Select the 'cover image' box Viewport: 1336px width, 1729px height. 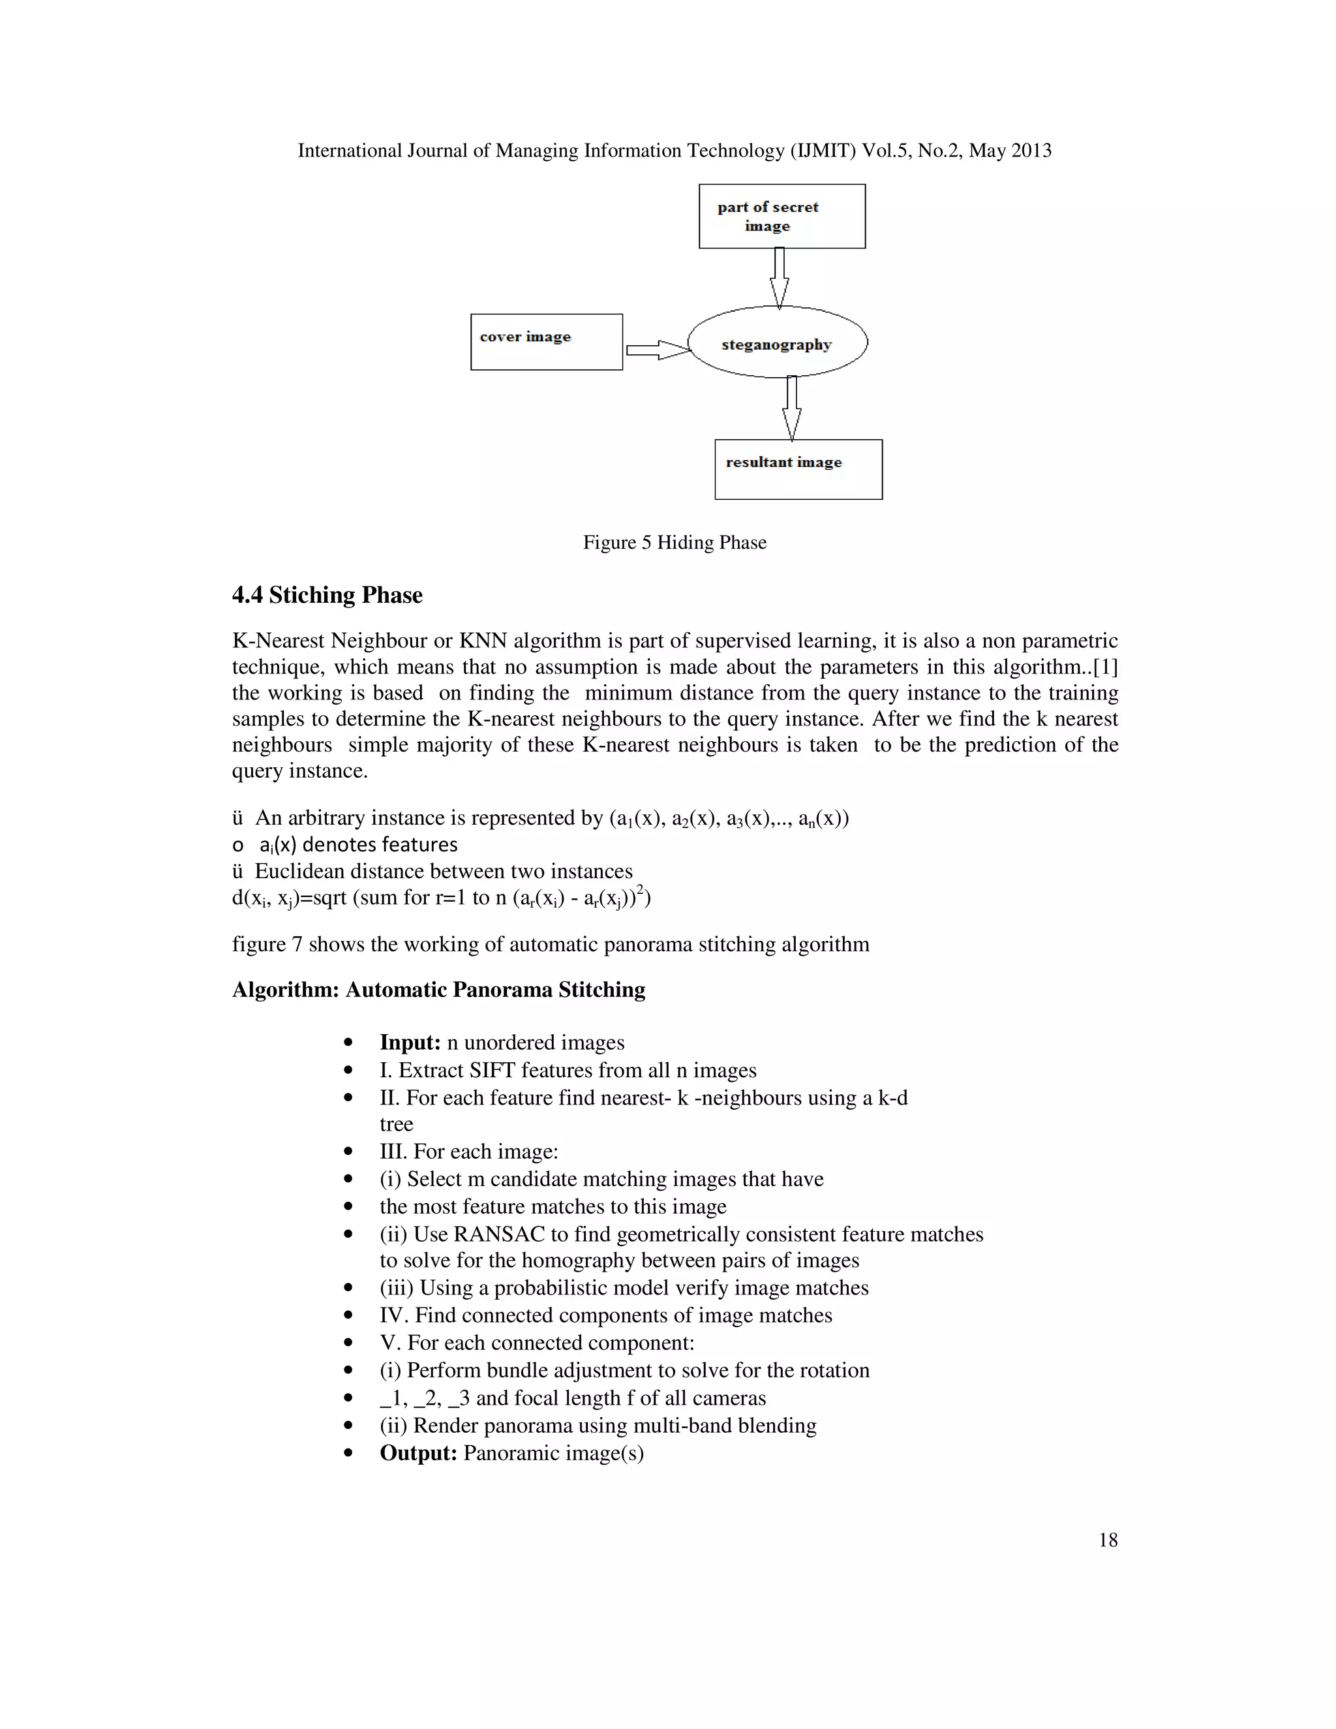pyautogui.click(x=546, y=342)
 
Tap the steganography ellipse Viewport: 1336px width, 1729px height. pyautogui.click(x=777, y=343)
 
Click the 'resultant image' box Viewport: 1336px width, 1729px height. pyautogui.click(x=798, y=470)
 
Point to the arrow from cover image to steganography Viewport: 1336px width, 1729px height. pyautogui.click(x=657, y=350)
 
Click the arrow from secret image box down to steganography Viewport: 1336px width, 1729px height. pyautogui.click(x=780, y=277)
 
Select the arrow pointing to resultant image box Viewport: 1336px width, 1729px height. pyautogui.click(x=791, y=408)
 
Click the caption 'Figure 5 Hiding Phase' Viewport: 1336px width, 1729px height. pyautogui.click(x=675, y=542)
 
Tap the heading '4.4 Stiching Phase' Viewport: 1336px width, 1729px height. pyautogui.click(x=327, y=594)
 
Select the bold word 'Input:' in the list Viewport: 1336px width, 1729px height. pyautogui.click(x=410, y=1043)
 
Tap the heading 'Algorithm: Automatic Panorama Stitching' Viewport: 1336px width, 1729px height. pyautogui.click(x=438, y=990)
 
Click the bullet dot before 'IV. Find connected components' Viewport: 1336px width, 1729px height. pyautogui.click(x=348, y=1316)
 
